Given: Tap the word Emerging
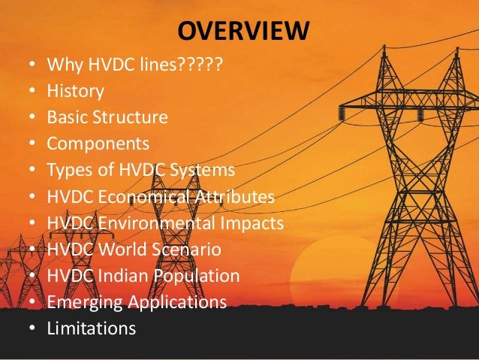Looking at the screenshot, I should [x=78, y=303].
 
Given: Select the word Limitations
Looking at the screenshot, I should [x=91, y=328].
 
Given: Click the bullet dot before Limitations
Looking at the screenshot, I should [x=31, y=328].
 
